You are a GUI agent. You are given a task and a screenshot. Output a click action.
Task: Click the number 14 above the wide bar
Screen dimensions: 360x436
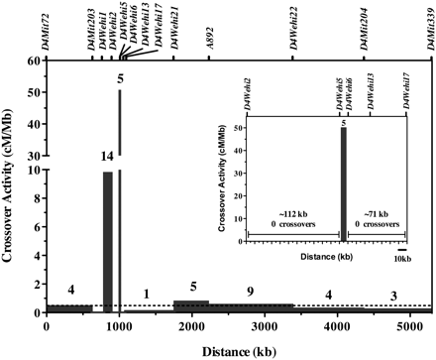click(106, 157)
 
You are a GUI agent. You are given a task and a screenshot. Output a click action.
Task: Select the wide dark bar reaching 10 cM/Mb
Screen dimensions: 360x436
click(107, 242)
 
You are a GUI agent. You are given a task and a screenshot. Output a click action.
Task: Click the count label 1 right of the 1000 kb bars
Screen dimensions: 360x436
click(147, 296)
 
